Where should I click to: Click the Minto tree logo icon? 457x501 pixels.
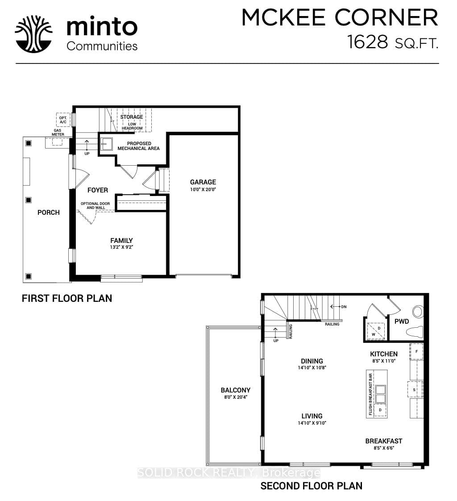(33, 34)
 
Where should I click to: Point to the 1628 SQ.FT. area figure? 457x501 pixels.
(393, 42)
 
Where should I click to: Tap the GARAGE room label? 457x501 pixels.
(203, 182)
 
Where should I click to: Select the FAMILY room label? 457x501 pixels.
(121, 241)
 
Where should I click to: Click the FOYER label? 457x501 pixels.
(98, 190)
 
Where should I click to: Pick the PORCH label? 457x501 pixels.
(49, 213)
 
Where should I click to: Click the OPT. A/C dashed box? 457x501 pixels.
(63, 120)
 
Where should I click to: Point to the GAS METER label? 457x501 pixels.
(58, 132)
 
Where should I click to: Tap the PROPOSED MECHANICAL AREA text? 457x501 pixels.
(139, 146)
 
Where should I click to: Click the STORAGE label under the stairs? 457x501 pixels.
(132, 117)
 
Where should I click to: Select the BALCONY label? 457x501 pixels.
(236, 390)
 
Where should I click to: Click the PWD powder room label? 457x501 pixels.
(401, 321)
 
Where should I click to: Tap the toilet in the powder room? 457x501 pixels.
(415, 332)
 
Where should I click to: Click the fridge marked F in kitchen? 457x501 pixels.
(416, 351)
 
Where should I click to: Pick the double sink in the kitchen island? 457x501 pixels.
(380, 394)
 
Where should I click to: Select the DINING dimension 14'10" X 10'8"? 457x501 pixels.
(312, 368)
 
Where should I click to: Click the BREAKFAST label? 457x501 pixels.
(384, 441)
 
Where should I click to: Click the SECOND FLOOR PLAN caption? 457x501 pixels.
(312, 486)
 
